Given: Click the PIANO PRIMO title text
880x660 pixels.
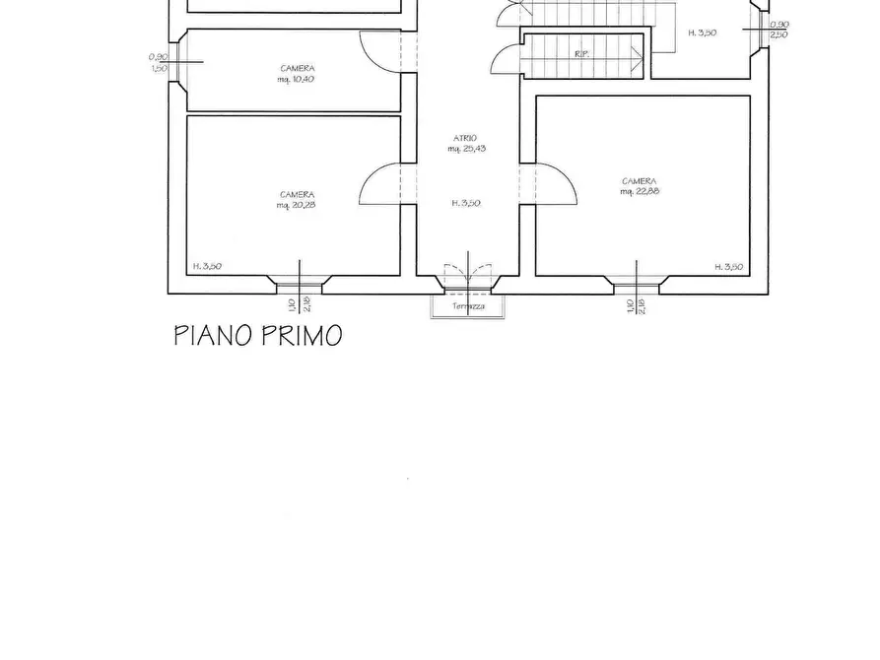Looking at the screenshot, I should pyautogui.click(x=258, y=336).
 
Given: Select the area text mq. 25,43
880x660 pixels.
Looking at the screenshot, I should pyautogui.click(x=466, y=149).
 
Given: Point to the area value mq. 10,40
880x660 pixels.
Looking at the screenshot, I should pyautogui.click(x=296, y=79).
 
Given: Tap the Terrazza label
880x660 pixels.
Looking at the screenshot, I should pyautogui.click(x=467, y=306).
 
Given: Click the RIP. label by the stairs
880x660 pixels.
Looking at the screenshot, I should pyautogui.click(x=581, y=54).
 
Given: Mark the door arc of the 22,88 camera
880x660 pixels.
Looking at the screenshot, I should pyautogui.click(x=558, y=185).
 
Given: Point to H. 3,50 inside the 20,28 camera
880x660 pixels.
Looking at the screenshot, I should pyautogui.click(x=207, y=266).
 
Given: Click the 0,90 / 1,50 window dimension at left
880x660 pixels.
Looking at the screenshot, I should pyautogui.click(x=157, y=62).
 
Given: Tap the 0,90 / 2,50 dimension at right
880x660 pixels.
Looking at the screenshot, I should pyautogui.click(x=778, y=30).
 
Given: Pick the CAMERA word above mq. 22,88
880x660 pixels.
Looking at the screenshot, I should pyautogui.click(x=639, y=181).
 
